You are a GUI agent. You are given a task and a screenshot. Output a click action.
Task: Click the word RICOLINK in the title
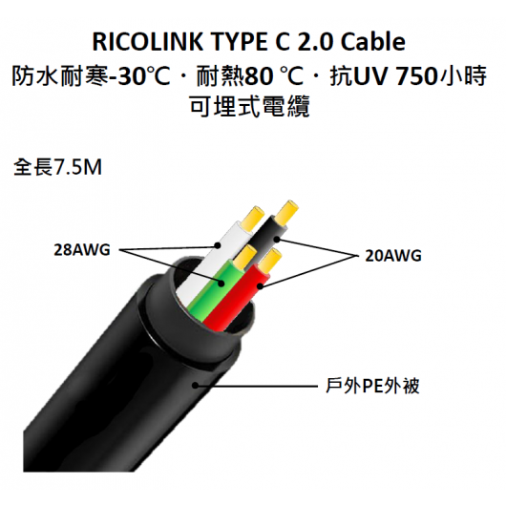point(148,42)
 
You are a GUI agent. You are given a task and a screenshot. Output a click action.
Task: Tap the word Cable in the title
point(373,42)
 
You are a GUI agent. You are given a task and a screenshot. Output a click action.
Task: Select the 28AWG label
point(82,250)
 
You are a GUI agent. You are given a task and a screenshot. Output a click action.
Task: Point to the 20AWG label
point(393,256)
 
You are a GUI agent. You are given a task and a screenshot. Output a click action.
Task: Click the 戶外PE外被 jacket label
point(372,386)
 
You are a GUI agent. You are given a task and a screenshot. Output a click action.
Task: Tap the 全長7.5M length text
point(57,167)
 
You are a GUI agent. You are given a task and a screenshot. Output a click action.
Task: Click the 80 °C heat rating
point(274,77)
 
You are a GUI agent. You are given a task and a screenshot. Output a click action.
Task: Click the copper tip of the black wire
point(287,212)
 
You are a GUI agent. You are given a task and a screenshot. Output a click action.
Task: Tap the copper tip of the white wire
point(254,218)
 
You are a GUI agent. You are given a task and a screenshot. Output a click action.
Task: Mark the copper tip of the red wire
point(270,261)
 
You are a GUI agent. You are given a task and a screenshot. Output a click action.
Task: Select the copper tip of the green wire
point(245,257)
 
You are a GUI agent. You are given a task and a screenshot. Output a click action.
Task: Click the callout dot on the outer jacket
point(195,385)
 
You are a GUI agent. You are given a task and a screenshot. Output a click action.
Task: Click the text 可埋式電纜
point(250,106)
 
